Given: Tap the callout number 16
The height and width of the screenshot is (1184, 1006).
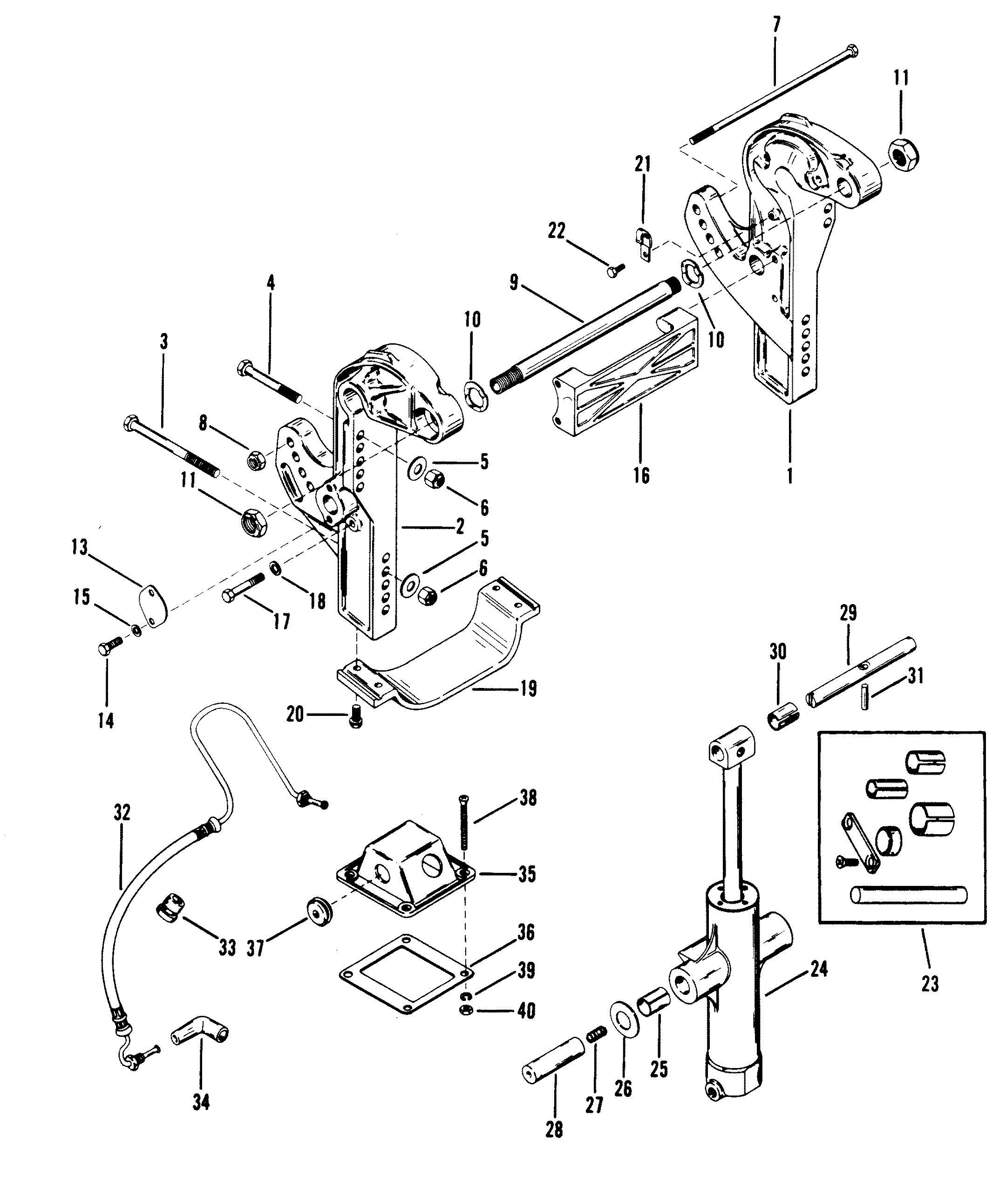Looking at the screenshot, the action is pyautogui.click(x=642, y=476).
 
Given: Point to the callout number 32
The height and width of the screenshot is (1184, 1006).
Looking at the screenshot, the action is pyautogui.click(x=122, y=813).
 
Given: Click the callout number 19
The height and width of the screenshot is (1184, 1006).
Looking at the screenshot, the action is pyautogui.click(x=528, y=688).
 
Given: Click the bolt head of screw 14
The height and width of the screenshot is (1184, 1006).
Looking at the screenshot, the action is pyautogui.click(x=104, y=648).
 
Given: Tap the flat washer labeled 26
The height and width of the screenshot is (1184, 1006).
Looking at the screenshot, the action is pyautogui.click(x=624, y=1022).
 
